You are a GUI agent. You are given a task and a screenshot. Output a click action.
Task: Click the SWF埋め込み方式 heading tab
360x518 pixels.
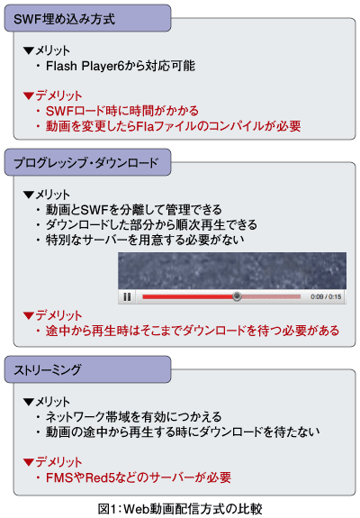[x=87, y=18]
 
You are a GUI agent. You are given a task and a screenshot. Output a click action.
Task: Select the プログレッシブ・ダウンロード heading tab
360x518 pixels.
[x=87, y=162]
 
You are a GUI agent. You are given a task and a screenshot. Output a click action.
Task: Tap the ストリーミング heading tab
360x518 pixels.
[x=87, y=369]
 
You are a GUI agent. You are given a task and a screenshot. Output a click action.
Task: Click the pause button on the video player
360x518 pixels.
[x=127, y=296]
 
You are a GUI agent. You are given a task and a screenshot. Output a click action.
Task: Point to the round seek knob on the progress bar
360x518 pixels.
[x=237, y=296]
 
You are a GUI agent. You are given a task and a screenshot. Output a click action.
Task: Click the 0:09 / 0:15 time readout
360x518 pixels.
[x=326, y=296]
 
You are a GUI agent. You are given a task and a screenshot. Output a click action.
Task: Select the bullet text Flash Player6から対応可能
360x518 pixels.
[x=121, y=66]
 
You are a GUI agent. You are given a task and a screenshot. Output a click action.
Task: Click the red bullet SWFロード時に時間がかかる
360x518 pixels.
[x=122, y=111]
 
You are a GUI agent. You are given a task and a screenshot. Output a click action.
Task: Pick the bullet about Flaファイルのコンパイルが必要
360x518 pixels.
[x=173, y=126]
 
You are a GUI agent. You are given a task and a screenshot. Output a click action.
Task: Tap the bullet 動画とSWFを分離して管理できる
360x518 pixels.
[x=133, y=209]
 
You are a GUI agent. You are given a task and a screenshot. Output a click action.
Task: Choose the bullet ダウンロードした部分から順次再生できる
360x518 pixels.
[x=151, y=224]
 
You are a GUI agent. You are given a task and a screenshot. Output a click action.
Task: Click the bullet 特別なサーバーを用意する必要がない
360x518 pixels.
[x=145, y=240]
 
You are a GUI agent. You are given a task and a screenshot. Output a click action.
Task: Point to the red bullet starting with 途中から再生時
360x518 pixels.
[x=193, y=331]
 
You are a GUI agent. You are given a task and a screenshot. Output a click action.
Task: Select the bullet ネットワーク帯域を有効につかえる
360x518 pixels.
[x=133, y=416]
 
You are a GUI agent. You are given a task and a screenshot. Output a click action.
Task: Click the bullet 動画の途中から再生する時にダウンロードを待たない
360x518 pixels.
[x=183, y=432]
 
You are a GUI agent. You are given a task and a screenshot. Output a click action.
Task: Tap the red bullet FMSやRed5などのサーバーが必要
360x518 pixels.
[x=139, y=477]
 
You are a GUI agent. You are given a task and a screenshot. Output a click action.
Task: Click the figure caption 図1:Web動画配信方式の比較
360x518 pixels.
[x=180, y=509]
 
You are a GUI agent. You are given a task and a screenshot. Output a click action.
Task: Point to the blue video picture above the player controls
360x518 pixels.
[x=232, y=271]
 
